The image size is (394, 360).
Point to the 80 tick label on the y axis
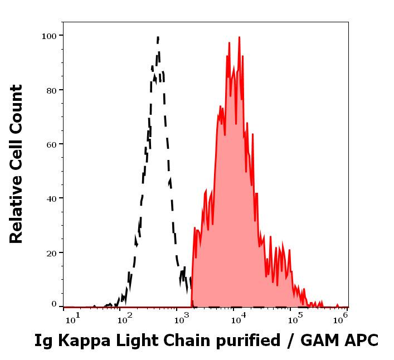(51, 90)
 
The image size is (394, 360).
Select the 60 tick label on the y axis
(51, 144)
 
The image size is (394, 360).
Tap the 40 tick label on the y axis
(51, 198)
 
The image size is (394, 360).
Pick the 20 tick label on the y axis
(51, 252)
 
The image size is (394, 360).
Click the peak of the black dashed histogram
(158, 38)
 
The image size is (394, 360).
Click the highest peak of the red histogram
(240, 38)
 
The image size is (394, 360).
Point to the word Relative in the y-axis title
(17, 215)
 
